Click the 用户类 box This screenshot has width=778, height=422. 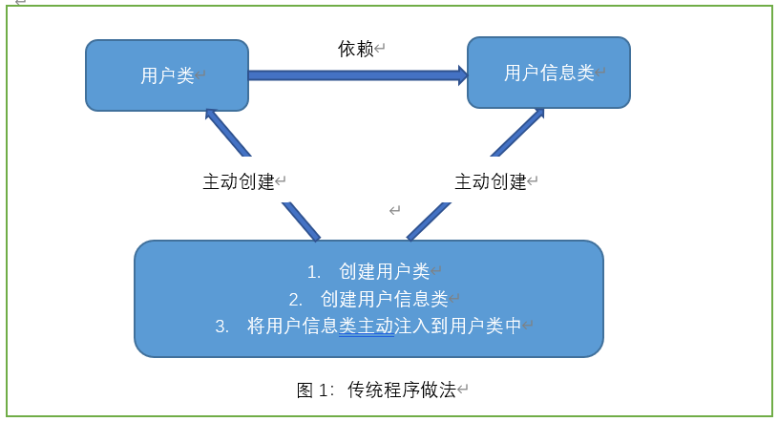(x=167, y=75)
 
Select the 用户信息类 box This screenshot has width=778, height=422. (x=549, y=73)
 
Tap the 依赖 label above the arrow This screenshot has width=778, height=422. (x=356, y=49)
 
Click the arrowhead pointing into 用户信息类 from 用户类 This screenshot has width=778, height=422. (x=463, y=75)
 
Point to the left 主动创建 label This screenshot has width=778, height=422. (x=239, y=181)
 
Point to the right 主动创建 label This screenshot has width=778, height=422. (x=491, y=181)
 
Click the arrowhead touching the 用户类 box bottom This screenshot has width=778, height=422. (x=211, y=115)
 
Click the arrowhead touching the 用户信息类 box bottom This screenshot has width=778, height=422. (x=538, y=115)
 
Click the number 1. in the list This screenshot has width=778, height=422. (x=313, y=272)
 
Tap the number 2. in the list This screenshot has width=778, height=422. (x=296, y=300)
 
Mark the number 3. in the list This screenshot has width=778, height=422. (x=221, y=327)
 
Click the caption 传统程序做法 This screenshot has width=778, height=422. (x=401, y=390)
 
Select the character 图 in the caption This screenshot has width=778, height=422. (x=305, y=390)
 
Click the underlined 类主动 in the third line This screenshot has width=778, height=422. (x=367, y=327)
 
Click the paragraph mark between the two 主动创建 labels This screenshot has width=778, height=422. (x=394, y=210)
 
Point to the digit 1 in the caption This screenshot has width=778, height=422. (x=323, y=390)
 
